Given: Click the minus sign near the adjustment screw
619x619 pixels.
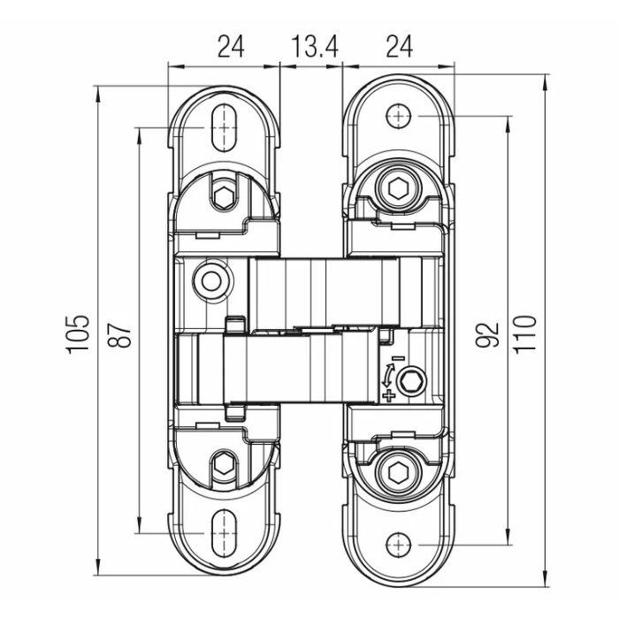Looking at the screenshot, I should [397, 359].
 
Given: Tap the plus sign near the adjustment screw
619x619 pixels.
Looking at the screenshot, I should [390, 395].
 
